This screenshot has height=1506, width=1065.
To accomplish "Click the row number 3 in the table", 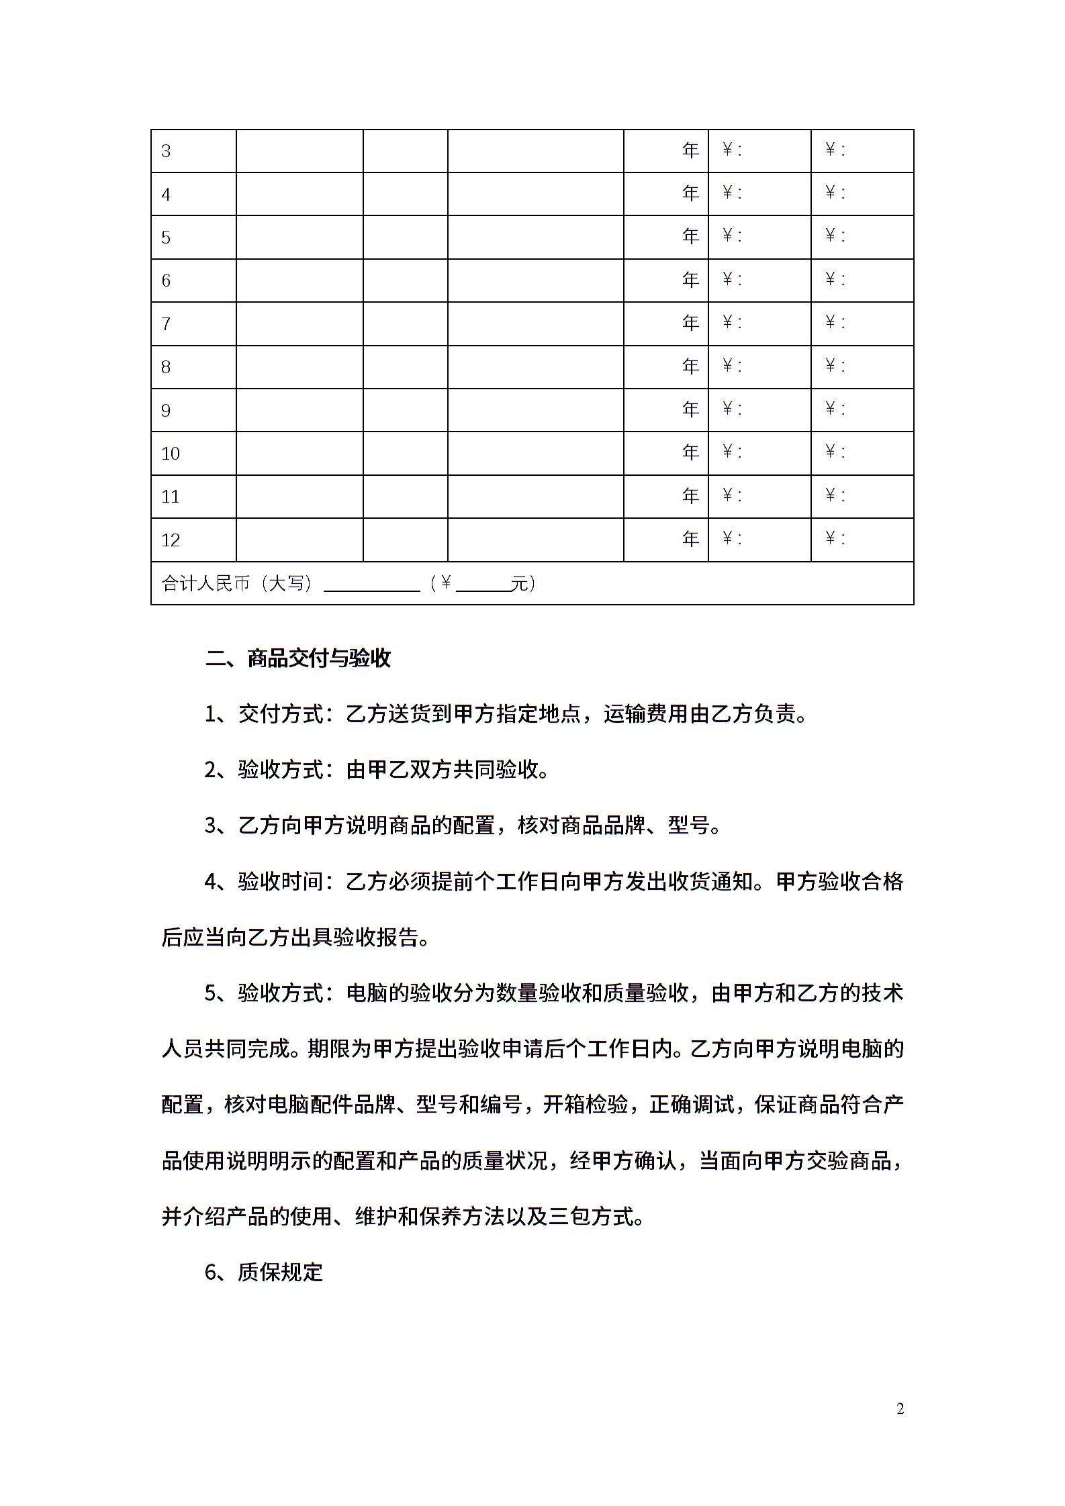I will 166,151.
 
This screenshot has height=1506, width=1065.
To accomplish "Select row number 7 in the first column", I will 166,324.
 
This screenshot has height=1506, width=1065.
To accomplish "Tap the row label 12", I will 171,540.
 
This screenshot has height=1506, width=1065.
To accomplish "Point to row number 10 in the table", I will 171,454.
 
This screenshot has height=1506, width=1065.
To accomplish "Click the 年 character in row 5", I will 690,236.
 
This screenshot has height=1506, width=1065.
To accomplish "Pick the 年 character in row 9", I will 690,409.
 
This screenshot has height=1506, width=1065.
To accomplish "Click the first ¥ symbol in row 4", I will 727,193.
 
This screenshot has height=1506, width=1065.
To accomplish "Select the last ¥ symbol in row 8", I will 831,366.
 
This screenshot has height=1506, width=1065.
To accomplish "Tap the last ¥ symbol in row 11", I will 831,495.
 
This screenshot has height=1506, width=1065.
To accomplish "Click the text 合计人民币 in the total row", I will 206,583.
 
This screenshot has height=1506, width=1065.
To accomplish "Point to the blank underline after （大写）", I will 371,585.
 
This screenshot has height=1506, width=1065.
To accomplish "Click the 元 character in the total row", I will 519,583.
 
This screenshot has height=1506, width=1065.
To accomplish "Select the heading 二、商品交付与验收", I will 298,658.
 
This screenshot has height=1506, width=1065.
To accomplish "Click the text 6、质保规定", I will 264,1272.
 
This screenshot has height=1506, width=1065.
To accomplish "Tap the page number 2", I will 900,1409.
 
